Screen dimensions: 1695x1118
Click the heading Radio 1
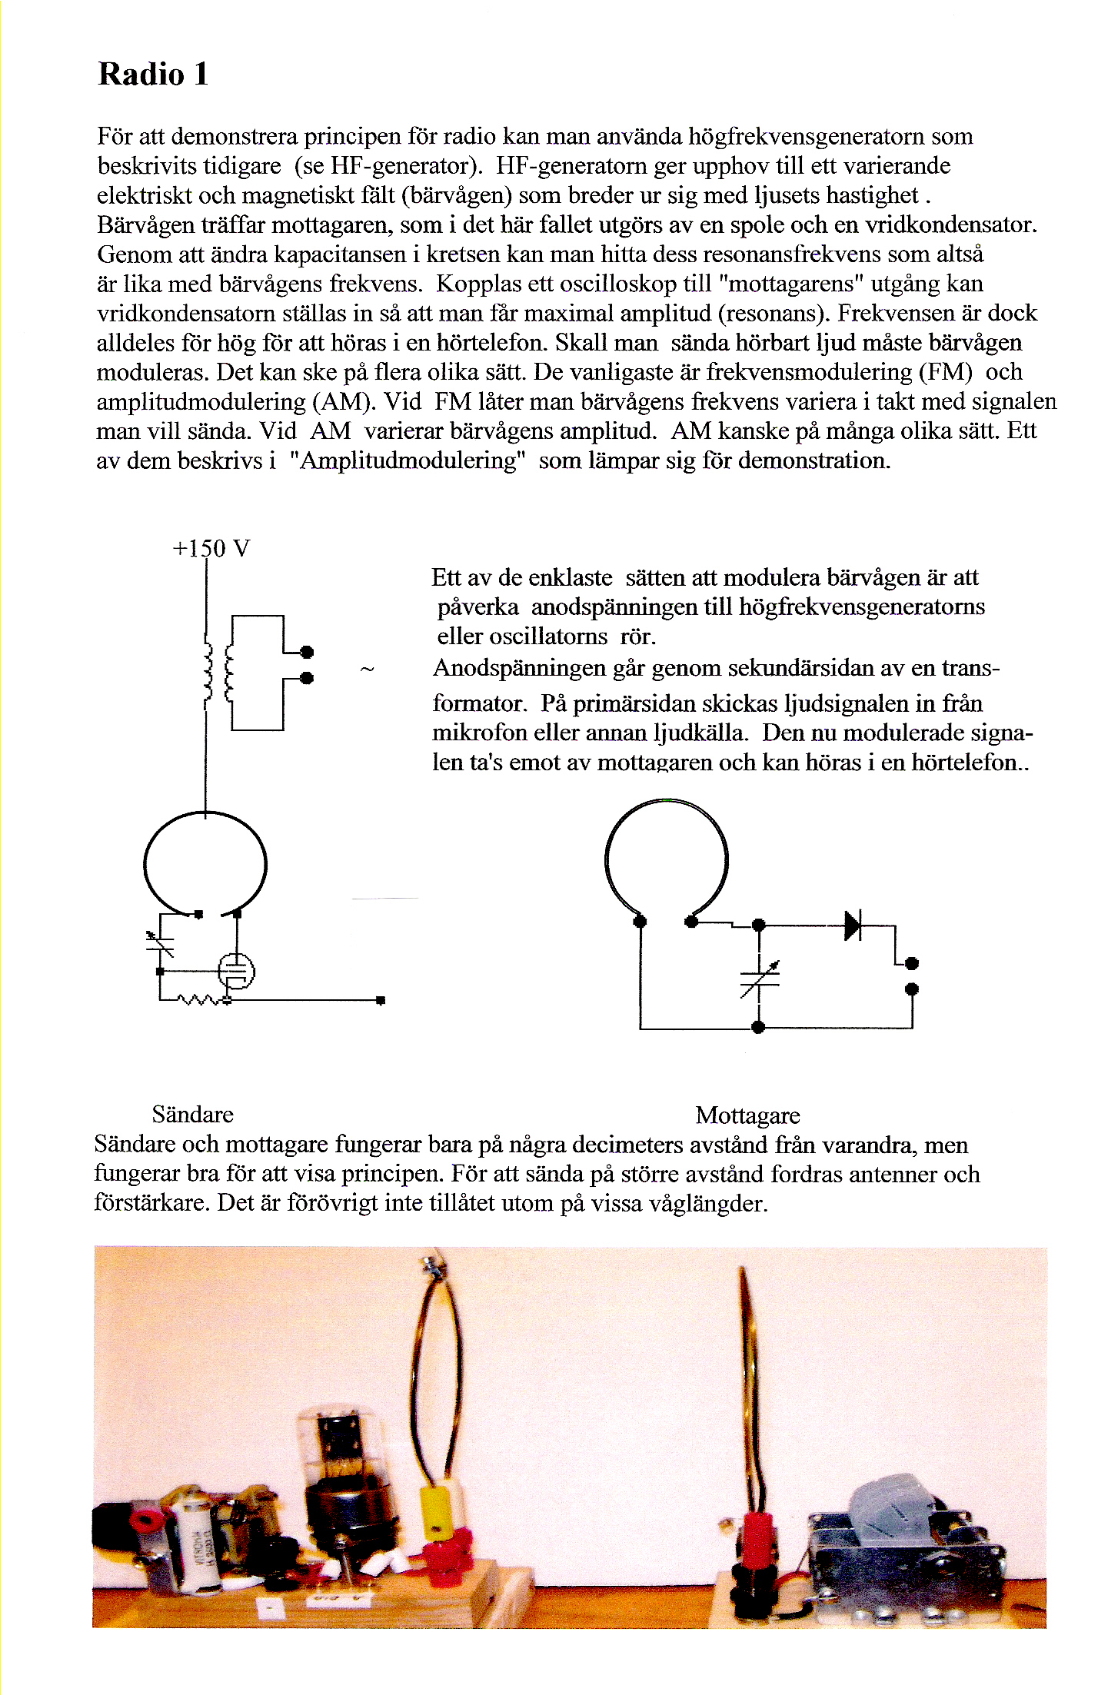click(x=153, y=75)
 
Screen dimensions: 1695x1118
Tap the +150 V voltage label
click(x=211, y=549)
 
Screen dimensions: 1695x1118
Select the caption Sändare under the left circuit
click(x=192, y=1115)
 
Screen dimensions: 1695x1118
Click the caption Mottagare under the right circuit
click(x=747, y=1115)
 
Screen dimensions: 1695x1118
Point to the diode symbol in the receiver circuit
click(x=852, y=926)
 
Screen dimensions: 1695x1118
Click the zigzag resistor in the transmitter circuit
click(x=198, y=1000)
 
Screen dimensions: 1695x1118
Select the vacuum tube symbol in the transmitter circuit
click(x=236, y=971)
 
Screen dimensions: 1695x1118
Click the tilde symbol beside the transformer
click(x=367, y=670)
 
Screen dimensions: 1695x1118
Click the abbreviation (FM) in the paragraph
click(x=945, y=372)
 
